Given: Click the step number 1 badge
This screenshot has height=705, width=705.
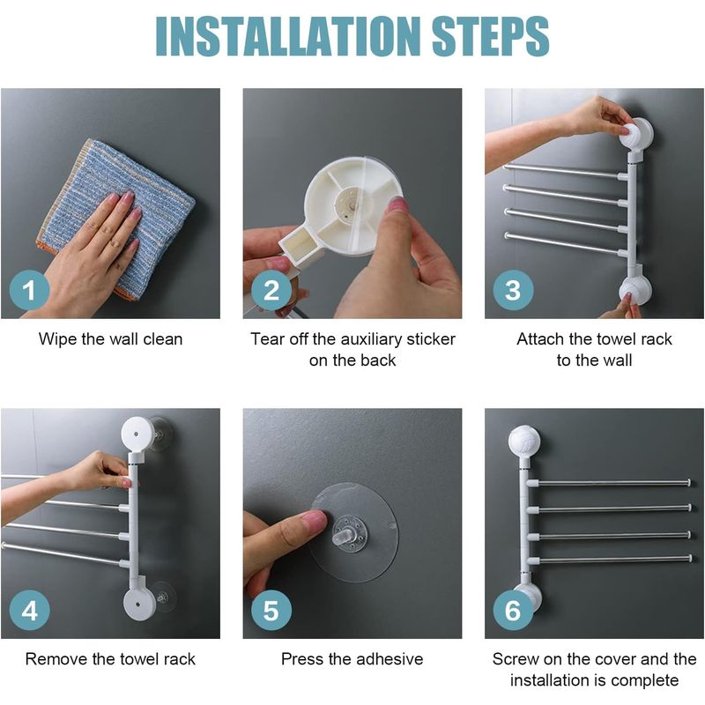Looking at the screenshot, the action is click(x=30, y=290).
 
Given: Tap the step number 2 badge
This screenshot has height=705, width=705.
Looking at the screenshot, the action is click(x=271, y=290).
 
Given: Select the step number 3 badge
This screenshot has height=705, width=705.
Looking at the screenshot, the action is click(x=513, y=290).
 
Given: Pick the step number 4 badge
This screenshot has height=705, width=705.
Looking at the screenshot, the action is click(x=30, y=610).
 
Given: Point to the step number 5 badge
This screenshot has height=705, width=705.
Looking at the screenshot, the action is click(x=271, y=610).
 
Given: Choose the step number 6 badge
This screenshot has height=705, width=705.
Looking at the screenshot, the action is click(x=513, y=610).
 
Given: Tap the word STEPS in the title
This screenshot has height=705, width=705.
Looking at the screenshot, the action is click(x=490, y=36).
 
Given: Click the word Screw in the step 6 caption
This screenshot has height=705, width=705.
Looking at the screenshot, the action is click(x=516, y=659).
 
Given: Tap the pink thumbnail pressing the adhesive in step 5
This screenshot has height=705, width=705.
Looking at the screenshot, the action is click(x=315, y=520).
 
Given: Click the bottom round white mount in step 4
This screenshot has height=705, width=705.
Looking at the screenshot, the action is click(x=139, y=604).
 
